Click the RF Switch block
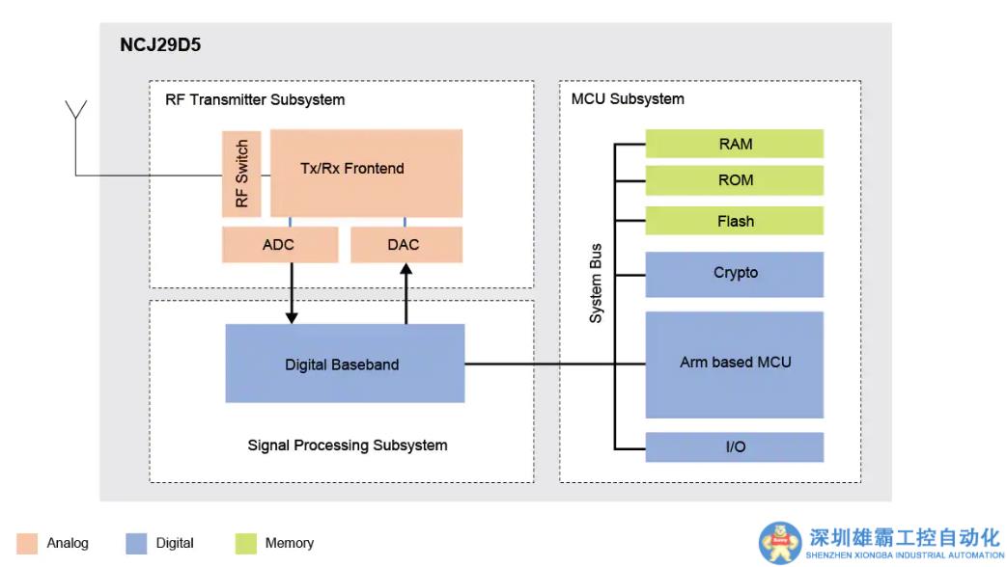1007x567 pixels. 241,174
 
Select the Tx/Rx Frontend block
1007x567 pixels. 366,173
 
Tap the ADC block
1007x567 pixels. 280,245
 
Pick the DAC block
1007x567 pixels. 405,245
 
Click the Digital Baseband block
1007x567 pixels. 345,364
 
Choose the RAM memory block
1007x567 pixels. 735,144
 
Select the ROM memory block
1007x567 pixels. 735,180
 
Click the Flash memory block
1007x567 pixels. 735,221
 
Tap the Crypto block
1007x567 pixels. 735,274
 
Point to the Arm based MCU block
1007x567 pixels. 735,364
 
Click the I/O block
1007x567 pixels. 735,446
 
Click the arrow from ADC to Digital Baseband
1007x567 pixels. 292,293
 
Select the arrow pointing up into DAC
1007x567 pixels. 406,293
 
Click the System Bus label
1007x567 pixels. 596,283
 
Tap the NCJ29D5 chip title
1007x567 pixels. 160,45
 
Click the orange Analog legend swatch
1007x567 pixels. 28,544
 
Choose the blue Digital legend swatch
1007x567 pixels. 136,544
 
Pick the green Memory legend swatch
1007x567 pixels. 245,544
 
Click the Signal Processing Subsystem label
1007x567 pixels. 348,445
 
